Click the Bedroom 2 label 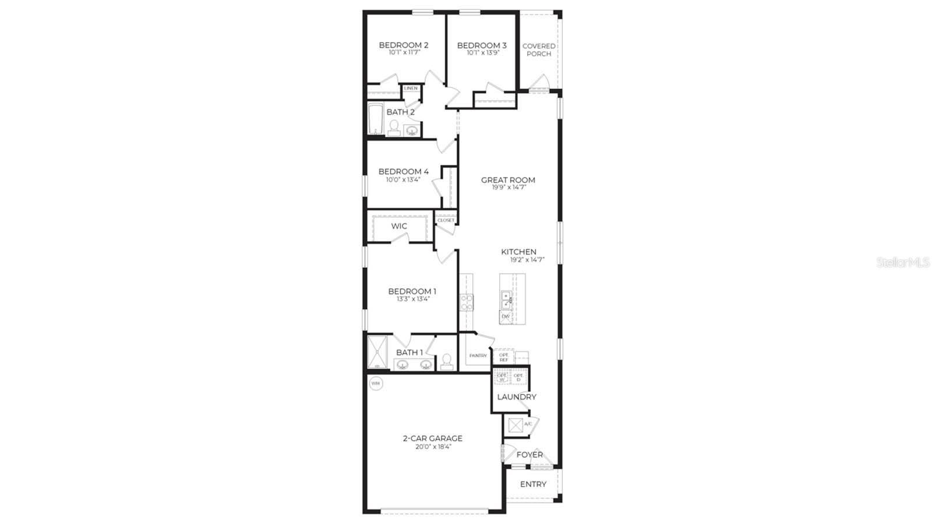pos(404,45)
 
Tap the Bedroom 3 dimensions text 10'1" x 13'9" pos(483,53)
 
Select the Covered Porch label pos(539,50)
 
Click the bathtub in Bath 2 pos(375,120)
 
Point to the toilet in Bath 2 pos(394,128)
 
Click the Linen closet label pos(411,88)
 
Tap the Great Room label pos(508,180)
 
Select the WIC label pos(399,226)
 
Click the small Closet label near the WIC pos(446,220)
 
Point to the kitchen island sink pos(506,299)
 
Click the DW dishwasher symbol pos(506,317)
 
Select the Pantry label pos(478,356)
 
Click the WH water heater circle pos(376,384)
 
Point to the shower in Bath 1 pos(377,352)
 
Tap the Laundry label pos(517,397)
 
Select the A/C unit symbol pos(516,425)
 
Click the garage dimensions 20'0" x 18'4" pos(433,447)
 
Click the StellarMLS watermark pos(903,263)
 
